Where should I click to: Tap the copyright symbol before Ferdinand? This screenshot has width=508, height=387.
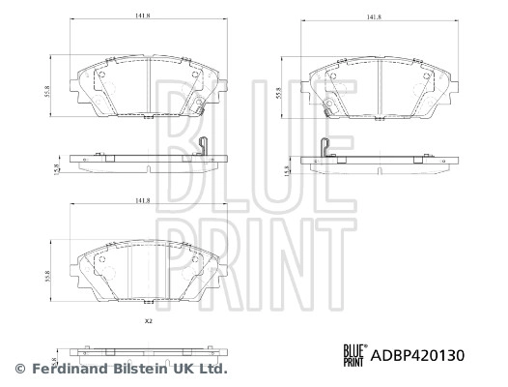point(19,369)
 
